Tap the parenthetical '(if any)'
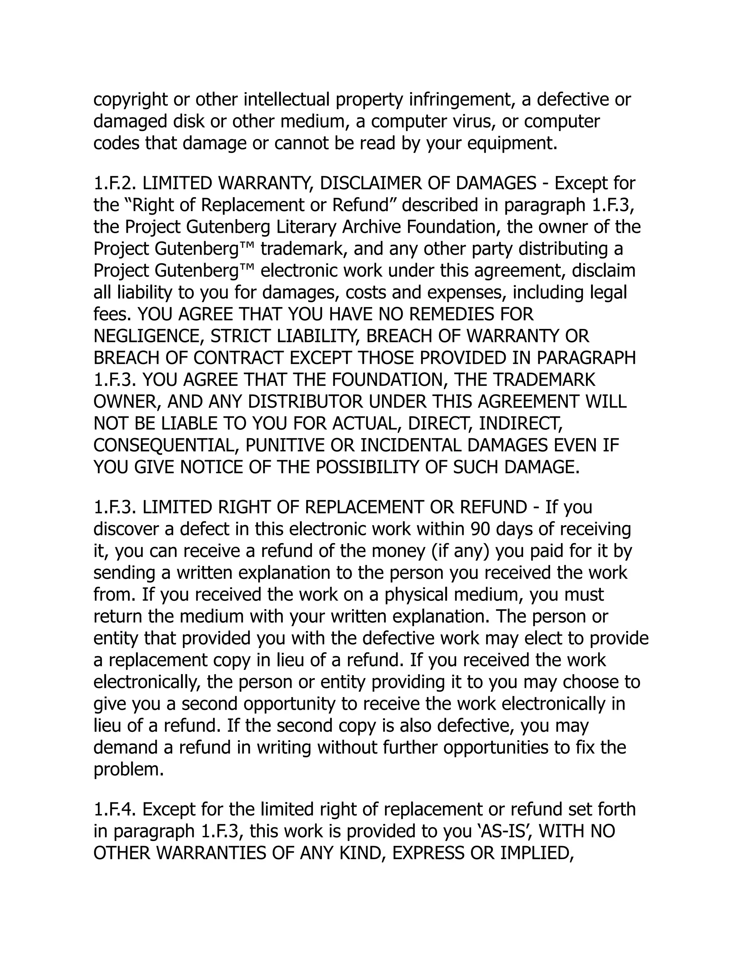(459, 551)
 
